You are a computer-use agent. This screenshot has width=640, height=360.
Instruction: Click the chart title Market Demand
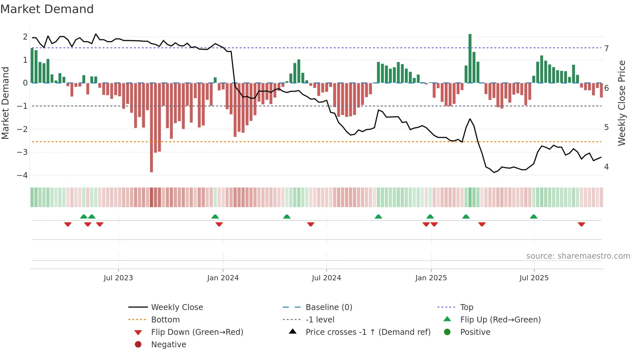(x=47, y=9)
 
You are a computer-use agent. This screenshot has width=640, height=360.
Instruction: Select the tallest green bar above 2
(x=470, y=58)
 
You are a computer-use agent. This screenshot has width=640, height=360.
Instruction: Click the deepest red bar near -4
(x=152, y=127)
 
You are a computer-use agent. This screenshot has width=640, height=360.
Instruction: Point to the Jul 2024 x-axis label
(x=326, y=278)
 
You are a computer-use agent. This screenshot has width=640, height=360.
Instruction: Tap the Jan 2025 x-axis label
(x=431, y=278)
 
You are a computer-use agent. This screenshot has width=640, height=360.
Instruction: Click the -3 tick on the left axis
(x=22, y=152)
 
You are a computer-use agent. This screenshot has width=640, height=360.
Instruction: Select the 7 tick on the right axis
(x=606, y=49)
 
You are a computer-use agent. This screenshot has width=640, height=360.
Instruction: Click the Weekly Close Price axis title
(x=622, y=103)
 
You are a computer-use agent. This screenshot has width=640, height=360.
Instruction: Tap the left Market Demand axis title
(x=6, y=103)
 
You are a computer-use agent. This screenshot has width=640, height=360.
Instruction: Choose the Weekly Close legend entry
(x=177, y=307)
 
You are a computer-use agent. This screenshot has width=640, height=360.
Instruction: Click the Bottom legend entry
(x=165, y=320)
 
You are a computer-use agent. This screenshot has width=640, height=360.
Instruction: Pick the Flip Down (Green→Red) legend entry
(x=197, y=332)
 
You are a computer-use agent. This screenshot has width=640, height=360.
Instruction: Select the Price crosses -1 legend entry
(x=368, y=332)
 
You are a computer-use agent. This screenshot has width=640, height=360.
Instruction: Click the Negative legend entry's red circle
(x=138, y=345)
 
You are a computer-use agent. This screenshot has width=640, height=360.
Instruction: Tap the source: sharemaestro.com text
(x=578, y=256)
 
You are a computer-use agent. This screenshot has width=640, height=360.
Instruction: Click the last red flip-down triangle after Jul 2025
(x=581, y=224)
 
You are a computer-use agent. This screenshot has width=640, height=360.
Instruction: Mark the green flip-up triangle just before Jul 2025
(x=534, y=217)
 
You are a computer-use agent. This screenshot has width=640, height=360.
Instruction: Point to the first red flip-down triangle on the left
(x=68, y=224)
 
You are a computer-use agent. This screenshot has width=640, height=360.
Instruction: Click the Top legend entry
(x=466, y=307)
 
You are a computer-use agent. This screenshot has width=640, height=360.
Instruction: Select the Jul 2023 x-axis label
(x=118, y=278)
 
